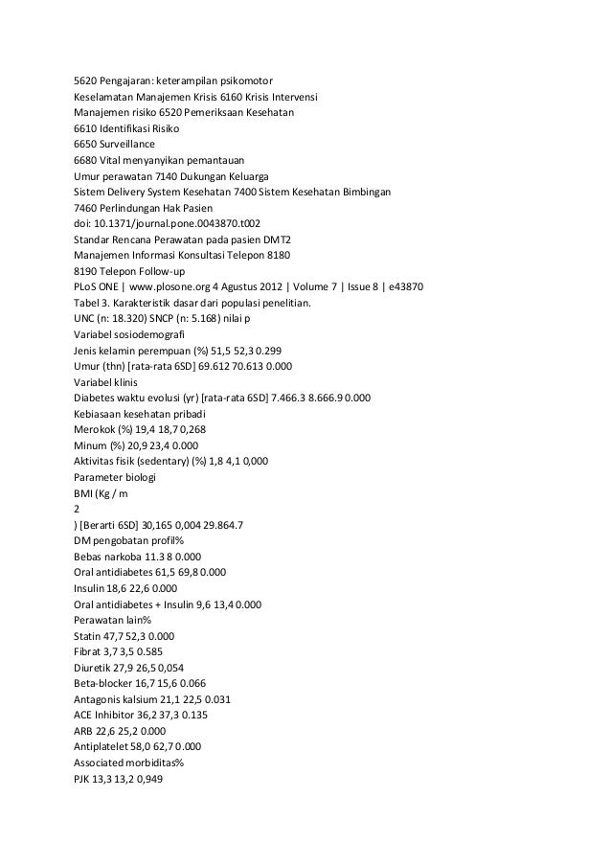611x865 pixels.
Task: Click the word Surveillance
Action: click(135, 144)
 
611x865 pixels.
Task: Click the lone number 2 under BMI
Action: click(77, 510)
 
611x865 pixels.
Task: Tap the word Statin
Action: click(89, 634)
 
